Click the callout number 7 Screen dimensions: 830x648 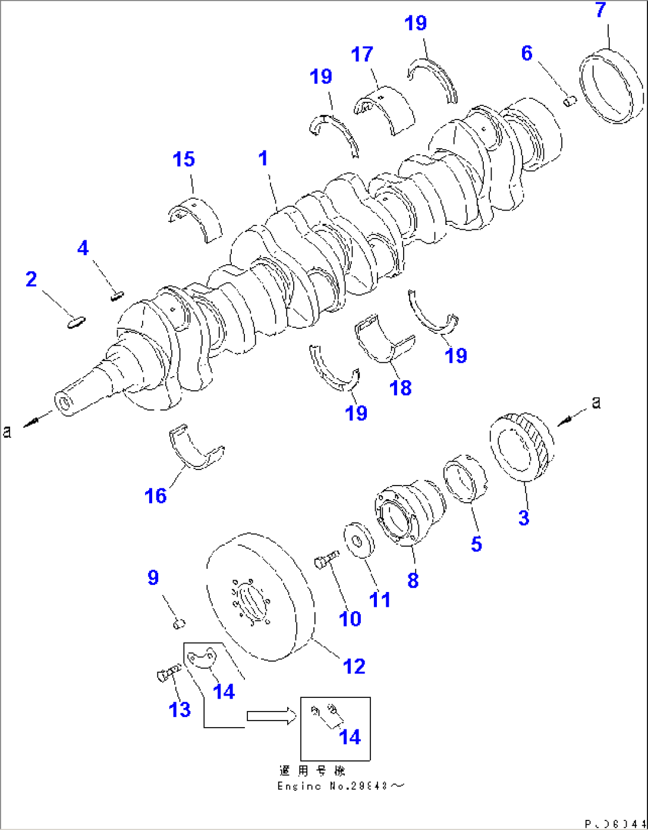click(600, 11)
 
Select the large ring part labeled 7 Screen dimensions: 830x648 click(611, 88)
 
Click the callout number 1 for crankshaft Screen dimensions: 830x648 click(263, 159)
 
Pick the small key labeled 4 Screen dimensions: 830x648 click(117, 294)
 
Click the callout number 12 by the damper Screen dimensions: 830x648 click(354, 666)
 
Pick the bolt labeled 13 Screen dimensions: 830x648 click(168, 673)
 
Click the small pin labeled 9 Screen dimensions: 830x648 click(179, 624)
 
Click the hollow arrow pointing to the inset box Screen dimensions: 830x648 click(271, 716)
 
